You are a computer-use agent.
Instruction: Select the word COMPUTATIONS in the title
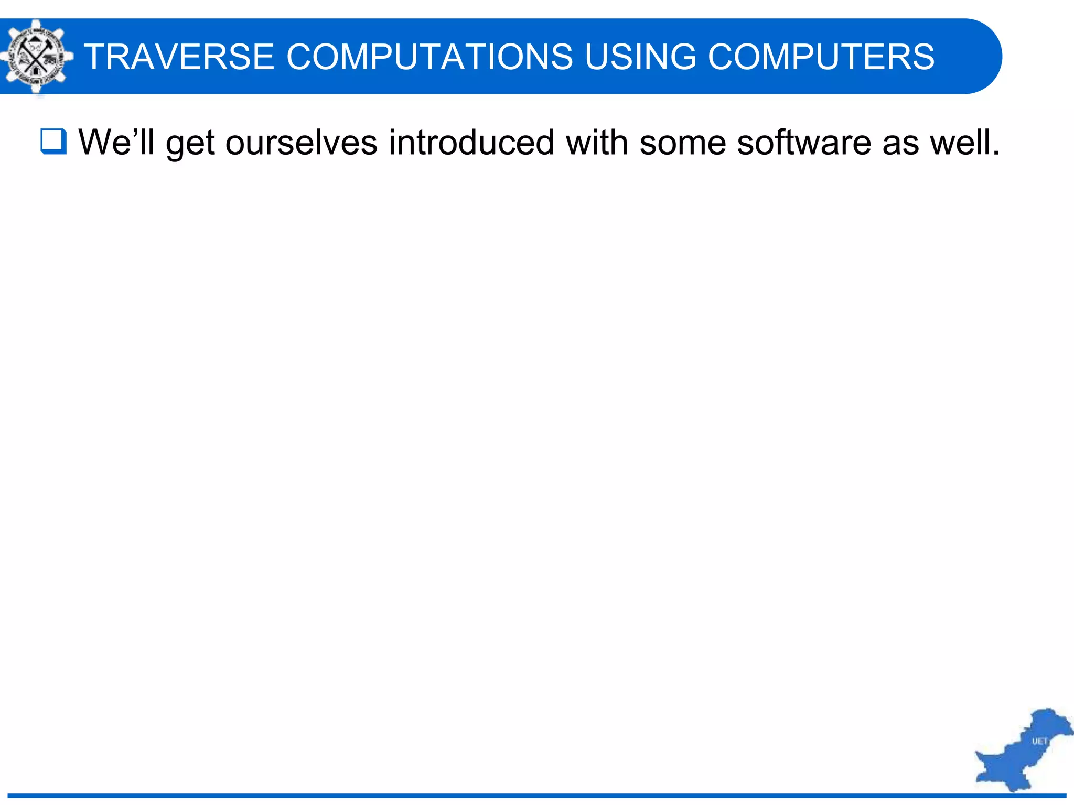click(429, 57)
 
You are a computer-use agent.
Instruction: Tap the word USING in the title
click(640, 57)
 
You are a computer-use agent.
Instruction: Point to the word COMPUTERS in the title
click(821, 57)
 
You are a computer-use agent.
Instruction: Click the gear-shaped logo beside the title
click(36, 57)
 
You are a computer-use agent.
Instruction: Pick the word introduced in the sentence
click(471, 143)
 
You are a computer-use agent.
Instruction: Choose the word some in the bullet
click(682, 143)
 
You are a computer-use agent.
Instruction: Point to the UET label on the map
click(1039, 741)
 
